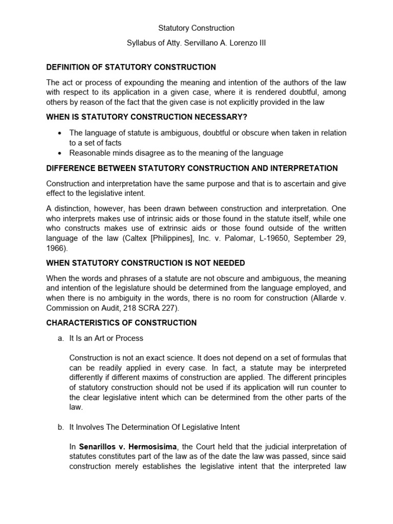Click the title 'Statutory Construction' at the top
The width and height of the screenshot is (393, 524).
click(196, 28)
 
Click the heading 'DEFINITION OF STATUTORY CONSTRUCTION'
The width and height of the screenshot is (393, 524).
click(131, 67)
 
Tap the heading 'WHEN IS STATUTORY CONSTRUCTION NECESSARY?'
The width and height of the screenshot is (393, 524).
click(143, 117)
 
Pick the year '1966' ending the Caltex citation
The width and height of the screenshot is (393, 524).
click(55, 248)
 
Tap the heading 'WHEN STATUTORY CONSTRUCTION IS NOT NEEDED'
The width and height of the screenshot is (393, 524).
click(145, 263)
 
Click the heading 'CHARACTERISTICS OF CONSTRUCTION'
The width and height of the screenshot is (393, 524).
click(121, 323)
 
